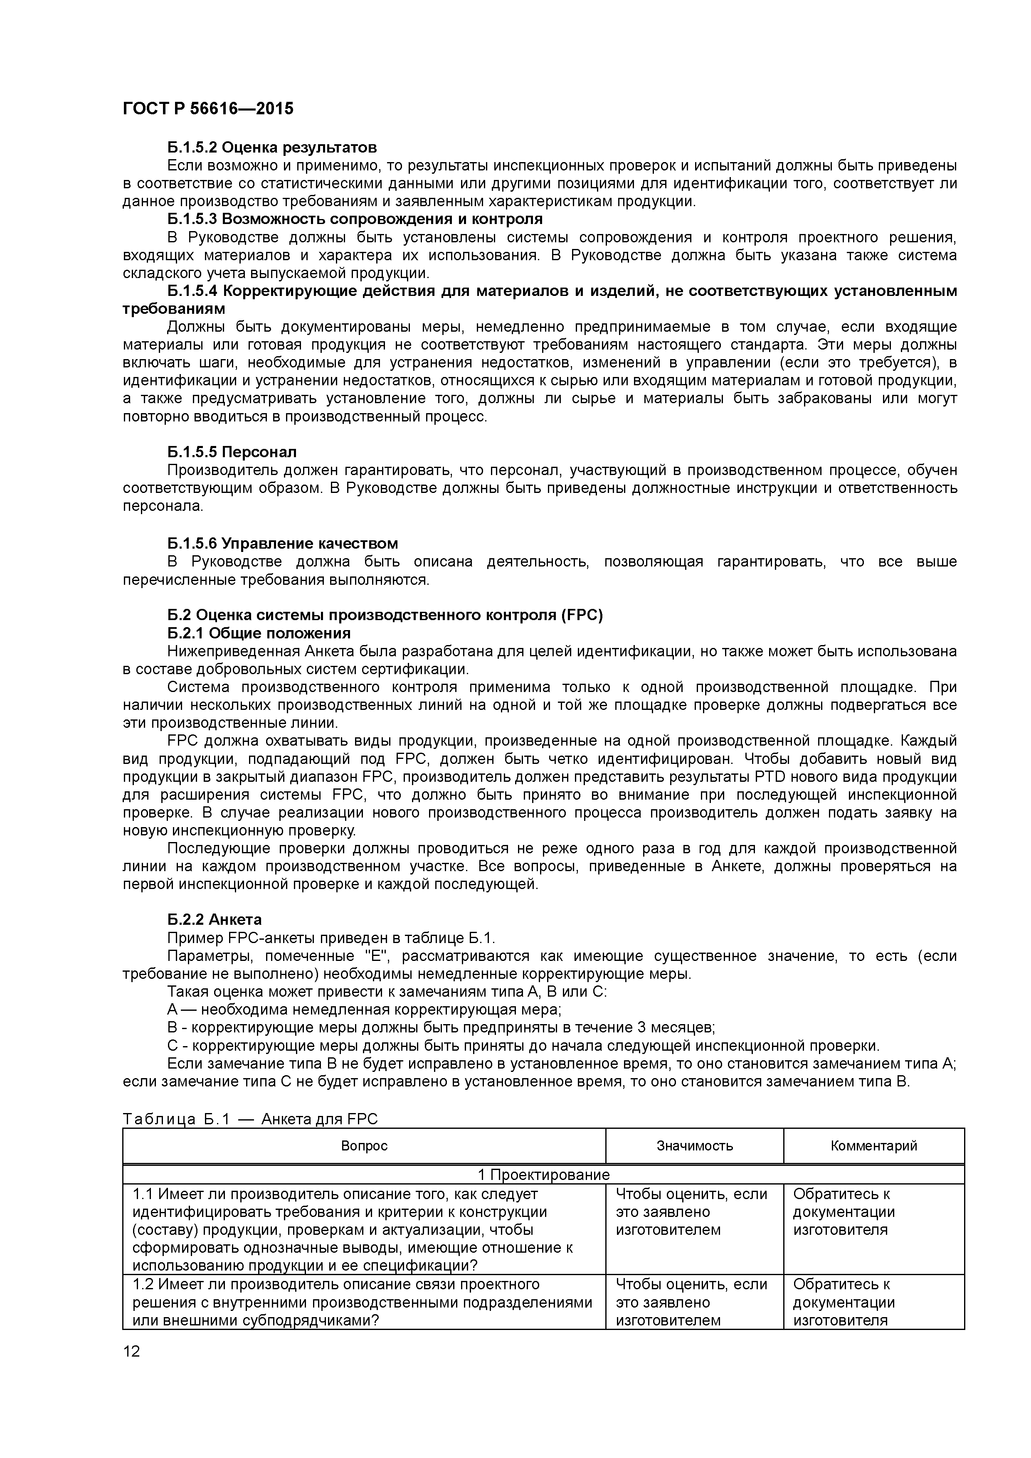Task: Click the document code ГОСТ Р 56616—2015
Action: coord(208,108)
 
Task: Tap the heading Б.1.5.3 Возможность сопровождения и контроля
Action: coord(355,219)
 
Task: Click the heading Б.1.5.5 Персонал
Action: coord(232,452)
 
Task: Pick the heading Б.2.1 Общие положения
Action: coord(259,633)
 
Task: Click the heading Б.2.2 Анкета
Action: coord(215,919)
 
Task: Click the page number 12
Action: coord(131,1351)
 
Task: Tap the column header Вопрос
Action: coord(364,1145)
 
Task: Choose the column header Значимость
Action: coord(694,1145)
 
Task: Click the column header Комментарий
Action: coord(873,1145)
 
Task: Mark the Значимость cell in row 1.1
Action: coord(691,1212)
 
